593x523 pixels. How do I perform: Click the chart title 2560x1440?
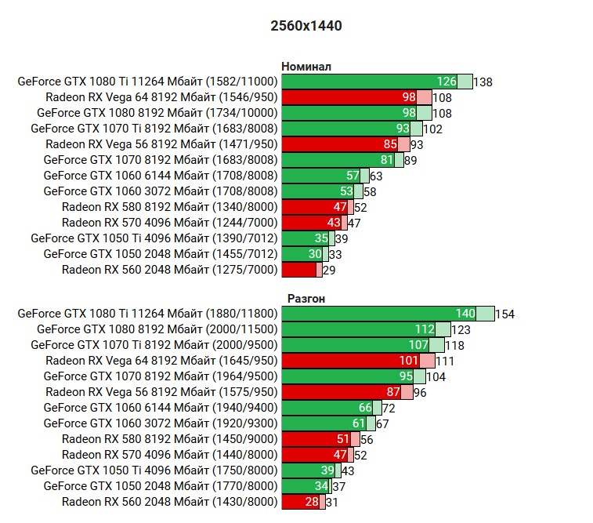[306, 26]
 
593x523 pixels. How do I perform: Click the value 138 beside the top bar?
[483, 82]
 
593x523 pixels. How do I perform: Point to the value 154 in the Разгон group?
[505, 314]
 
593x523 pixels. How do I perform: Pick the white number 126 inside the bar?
[447, 82]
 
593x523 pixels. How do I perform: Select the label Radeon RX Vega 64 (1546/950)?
[162, 97]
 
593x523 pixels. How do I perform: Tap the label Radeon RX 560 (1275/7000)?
[170, 270]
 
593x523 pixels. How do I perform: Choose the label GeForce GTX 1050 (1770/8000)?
[161, 486]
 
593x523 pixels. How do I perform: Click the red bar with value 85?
[338, 144]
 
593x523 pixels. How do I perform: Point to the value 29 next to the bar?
[329, 270]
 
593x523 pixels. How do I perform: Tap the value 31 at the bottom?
[331, 502]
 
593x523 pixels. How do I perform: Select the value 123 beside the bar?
[461, 329]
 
